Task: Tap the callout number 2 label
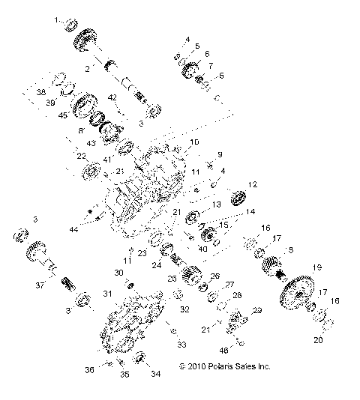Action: click(x=88, y=68)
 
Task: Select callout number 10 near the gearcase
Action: click(x=193, y=142)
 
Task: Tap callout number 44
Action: click(x=73, y=228)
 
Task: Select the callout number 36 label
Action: click(x=89, y=369)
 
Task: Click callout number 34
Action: click(x=155, y=374)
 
